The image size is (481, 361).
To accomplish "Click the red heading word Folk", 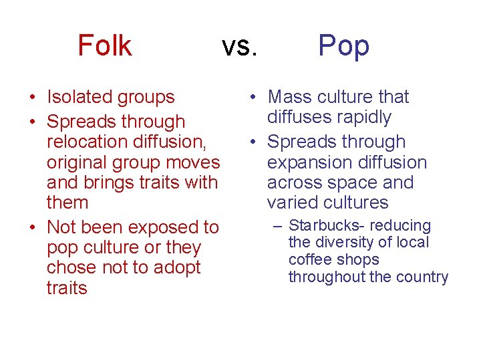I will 105,45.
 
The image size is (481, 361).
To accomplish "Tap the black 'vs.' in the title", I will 239,46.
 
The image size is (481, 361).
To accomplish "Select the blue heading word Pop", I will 343,46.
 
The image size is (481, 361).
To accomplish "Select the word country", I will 422,277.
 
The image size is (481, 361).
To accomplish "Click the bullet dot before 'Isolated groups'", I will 31,98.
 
